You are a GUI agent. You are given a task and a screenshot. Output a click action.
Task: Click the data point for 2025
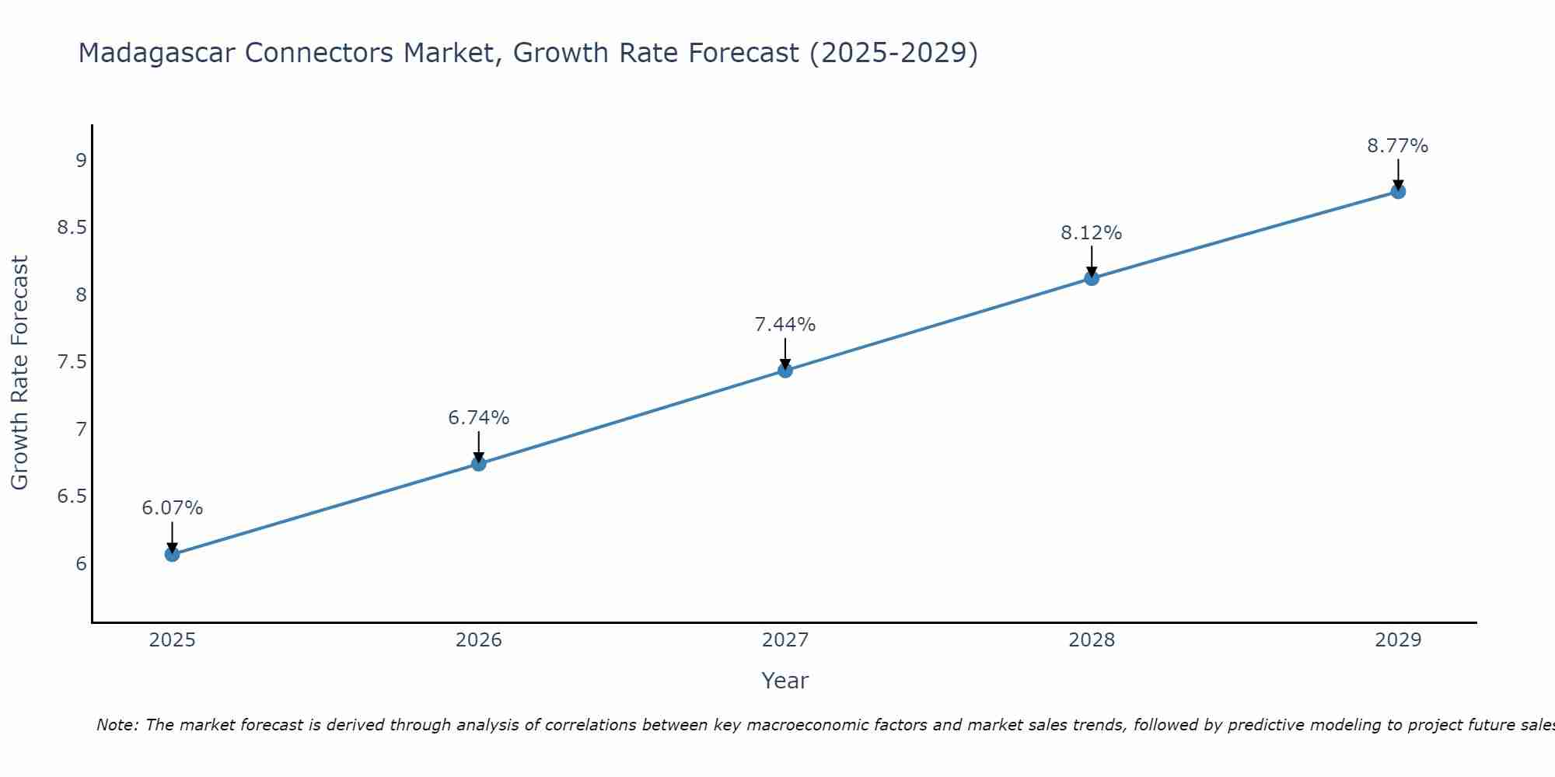click(x=172, y=554)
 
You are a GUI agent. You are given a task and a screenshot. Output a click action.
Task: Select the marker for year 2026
click(x=479, y=464)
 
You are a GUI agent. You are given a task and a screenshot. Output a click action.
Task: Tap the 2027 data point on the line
click(x=785, y=371)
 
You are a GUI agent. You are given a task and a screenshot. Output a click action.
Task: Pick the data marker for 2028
click(x=1092, y=278)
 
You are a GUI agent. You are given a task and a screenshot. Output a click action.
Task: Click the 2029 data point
click(x=1398, y=191)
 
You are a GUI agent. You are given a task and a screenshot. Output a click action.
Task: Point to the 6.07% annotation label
click(x=172, y=508)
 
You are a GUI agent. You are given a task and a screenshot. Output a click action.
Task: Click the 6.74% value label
click(x=479, y=418)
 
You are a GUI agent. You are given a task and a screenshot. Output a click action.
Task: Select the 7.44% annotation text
click(x=785, y=325)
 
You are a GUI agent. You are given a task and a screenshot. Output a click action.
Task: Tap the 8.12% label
click(x=1092, y=233)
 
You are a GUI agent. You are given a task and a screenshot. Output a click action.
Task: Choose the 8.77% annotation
click(x=1398, y=146)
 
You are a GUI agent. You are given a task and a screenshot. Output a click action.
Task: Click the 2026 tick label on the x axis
click(x=479, y=640)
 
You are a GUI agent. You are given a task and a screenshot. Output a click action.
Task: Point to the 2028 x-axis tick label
click(x=1092, y=640)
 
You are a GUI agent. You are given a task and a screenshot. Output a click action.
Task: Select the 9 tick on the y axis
click(x=81, y=161)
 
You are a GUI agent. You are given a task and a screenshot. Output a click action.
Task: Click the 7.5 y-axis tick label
click(x=72, y=362)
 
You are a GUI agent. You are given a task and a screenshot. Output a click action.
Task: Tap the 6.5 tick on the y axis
click(x=72, y=497)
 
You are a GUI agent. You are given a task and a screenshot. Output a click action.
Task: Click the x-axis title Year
click(x=785, y=681)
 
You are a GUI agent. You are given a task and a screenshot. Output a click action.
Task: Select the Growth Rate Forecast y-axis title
click(x=20, y=373)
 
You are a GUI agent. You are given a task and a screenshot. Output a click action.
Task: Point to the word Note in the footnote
click(x=116, y=725)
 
